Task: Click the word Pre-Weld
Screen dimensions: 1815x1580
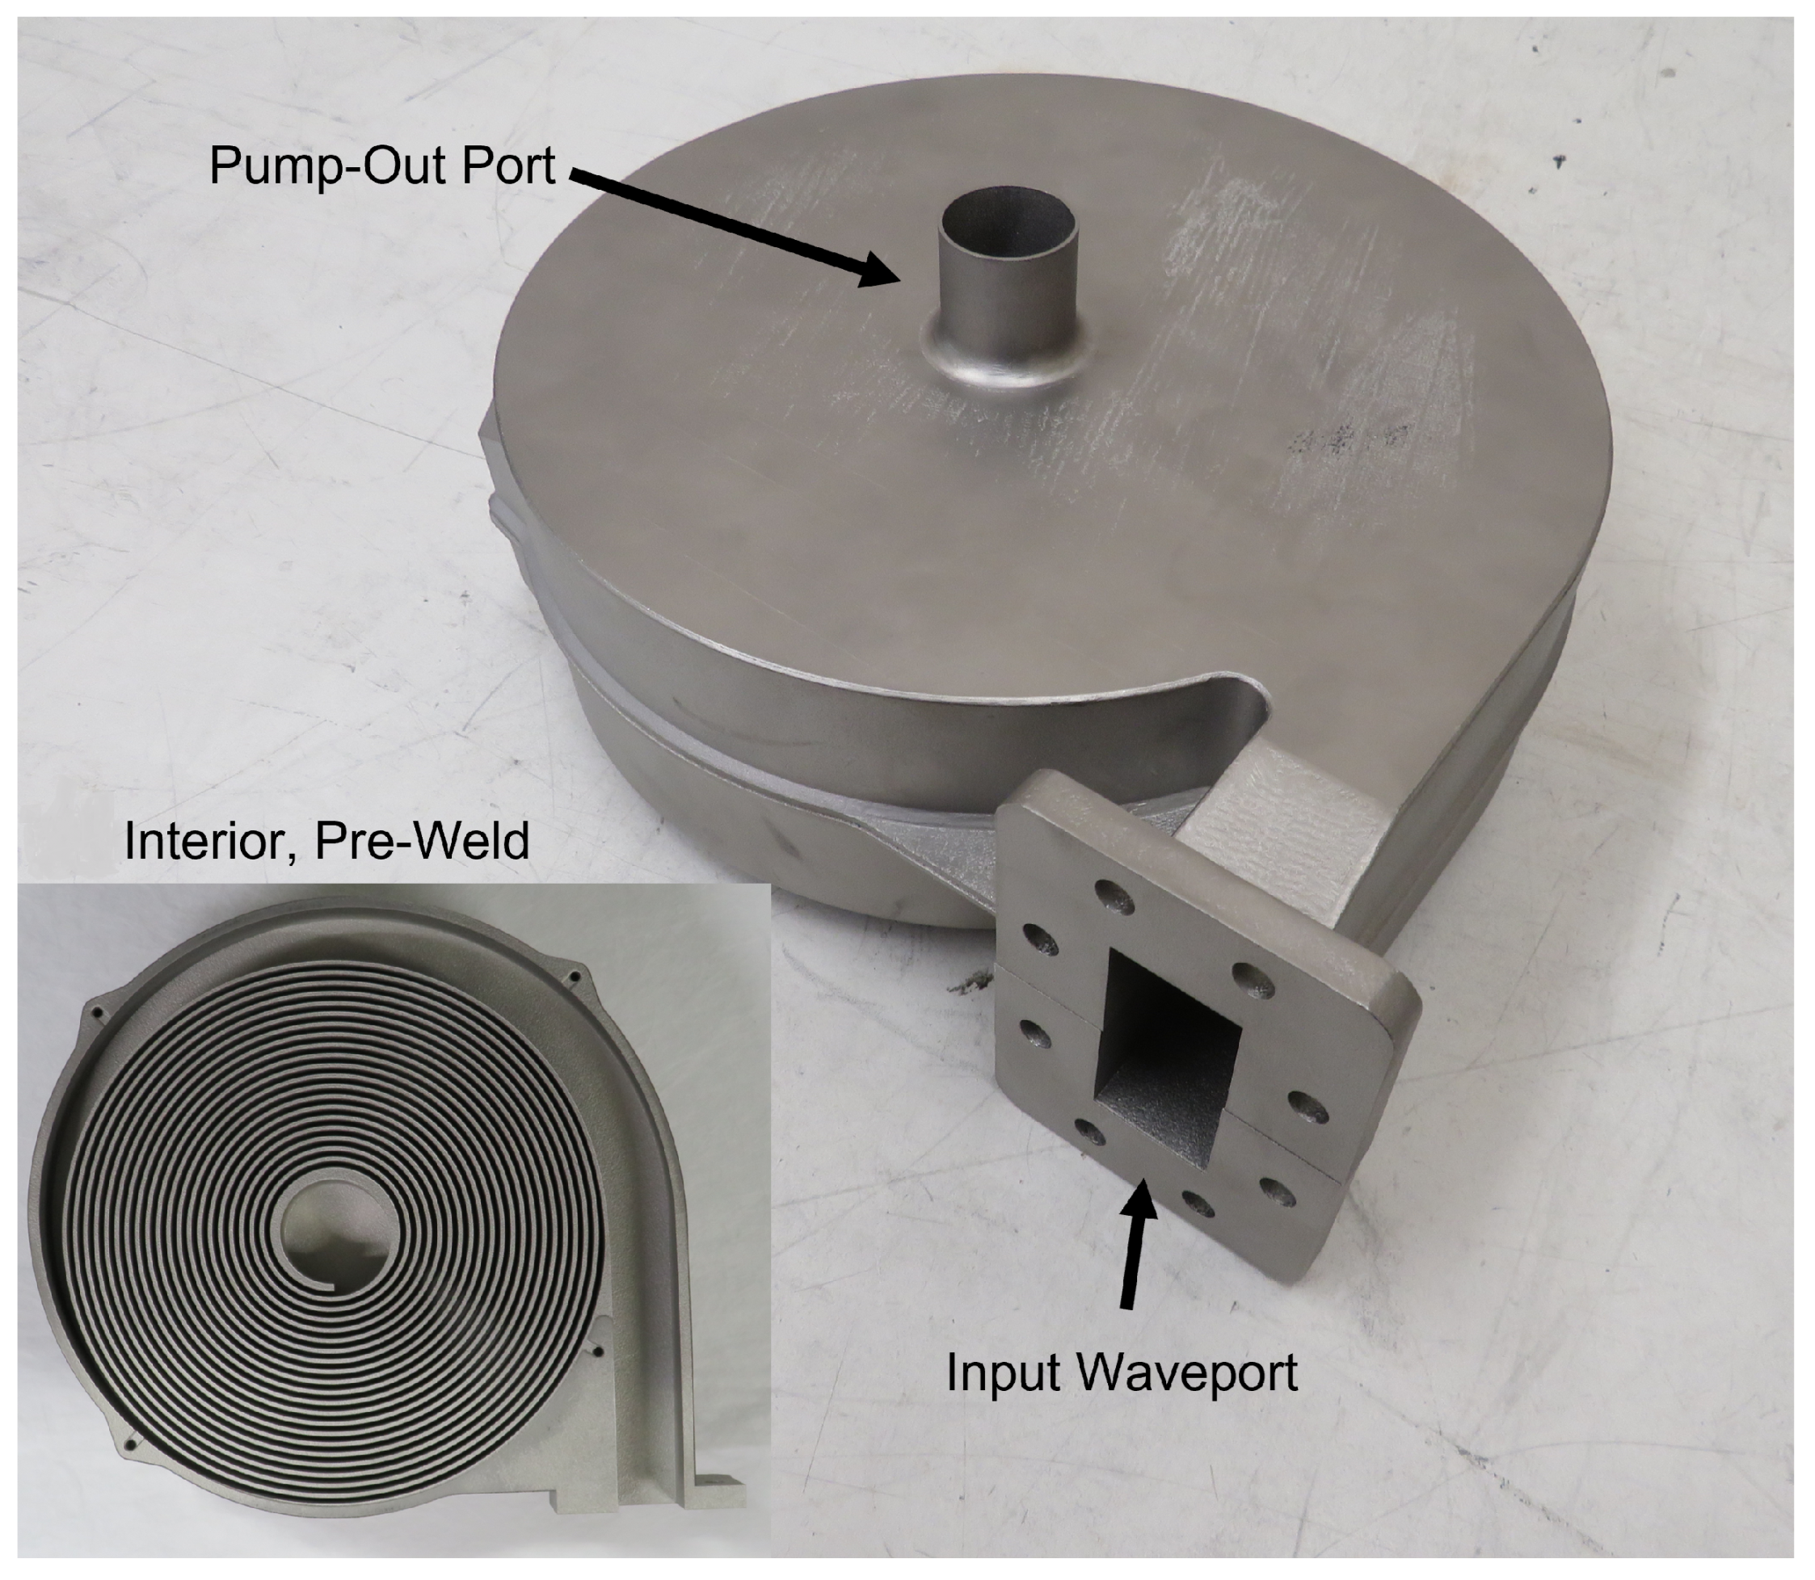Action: pyautogui.click(x=422, y=842)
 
